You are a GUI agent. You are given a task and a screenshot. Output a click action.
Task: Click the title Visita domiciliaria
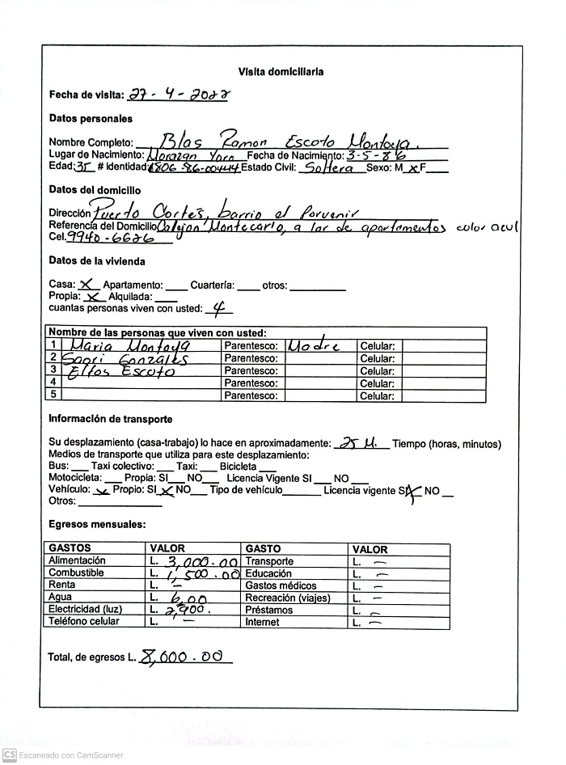[x=281, y=72]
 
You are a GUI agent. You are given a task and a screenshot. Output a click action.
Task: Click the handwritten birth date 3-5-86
[x=375, y=154]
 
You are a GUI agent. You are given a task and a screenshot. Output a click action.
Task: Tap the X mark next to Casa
[x=89, y=284]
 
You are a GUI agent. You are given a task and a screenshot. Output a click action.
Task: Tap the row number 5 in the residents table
[x=53, y=395]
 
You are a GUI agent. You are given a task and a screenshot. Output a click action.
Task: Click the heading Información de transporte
[x=110, y=419]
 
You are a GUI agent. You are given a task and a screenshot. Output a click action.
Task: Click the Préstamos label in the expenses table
[x=264, y=610]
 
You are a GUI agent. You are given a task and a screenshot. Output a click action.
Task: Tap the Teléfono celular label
[x=84, y=622]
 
